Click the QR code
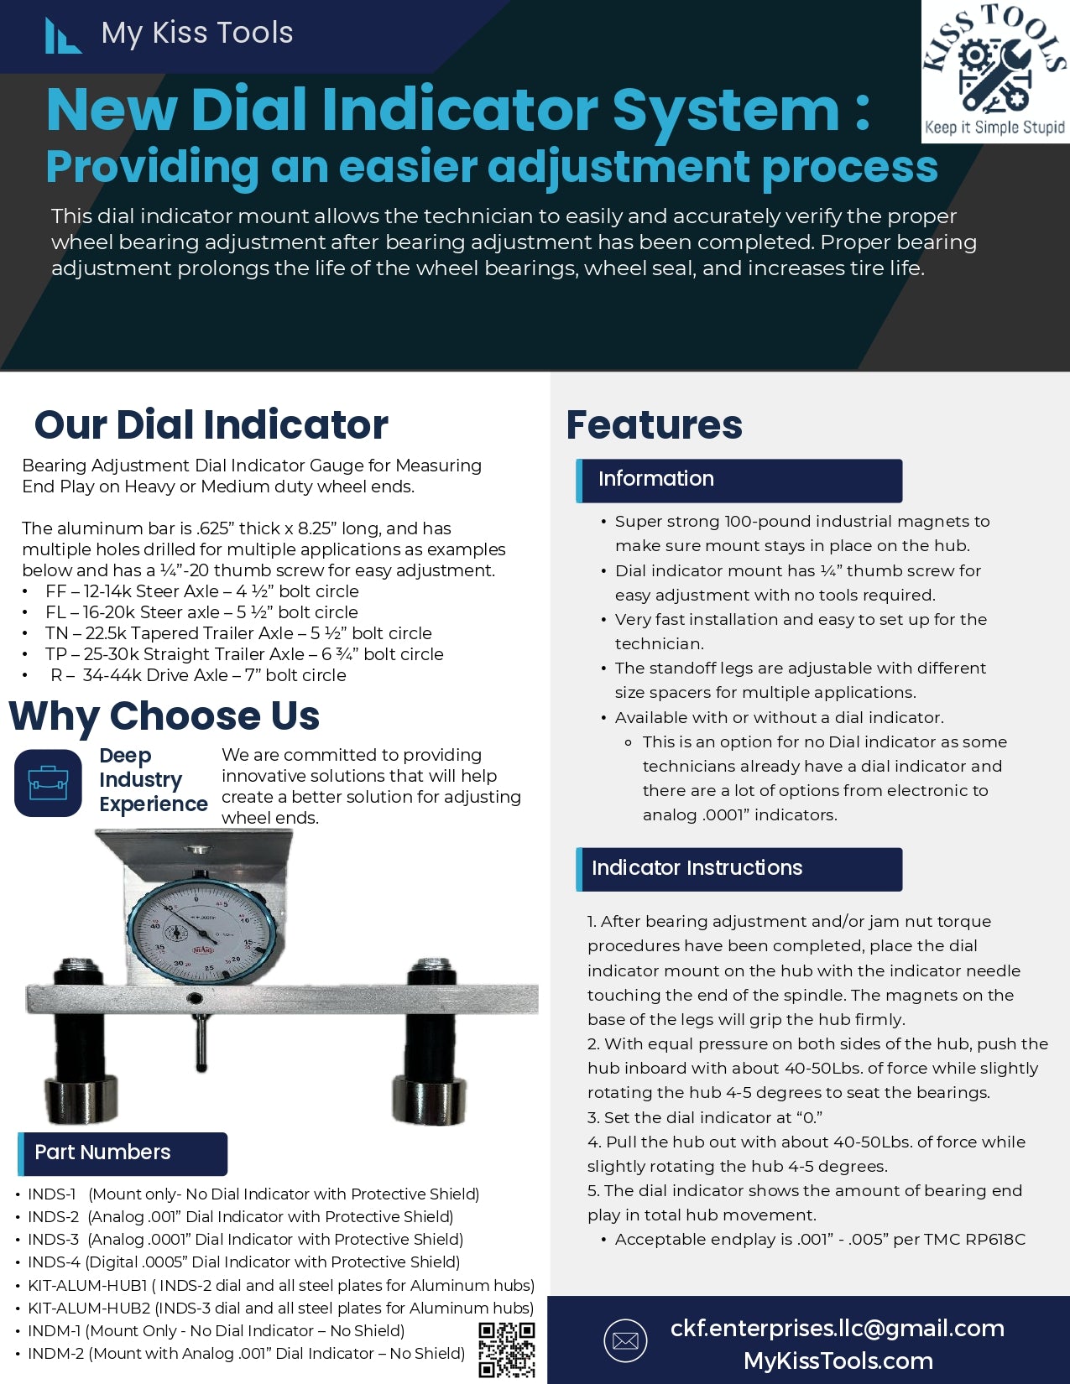coord(507,1350)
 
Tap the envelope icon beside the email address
coord(625,1340)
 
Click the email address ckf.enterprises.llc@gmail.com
coord(838,1328)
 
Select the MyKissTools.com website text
coord(838,1361)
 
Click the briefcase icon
coord(48,783)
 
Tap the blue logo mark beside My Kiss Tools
coord(62,36)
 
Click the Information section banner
coord(739,481)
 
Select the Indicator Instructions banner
coord(739,869)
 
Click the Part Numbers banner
coord(123,1154)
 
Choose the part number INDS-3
coord(54,1240)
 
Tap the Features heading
coord(655,425)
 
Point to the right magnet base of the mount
coord(429,1099)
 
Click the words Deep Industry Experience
coord(153,779)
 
